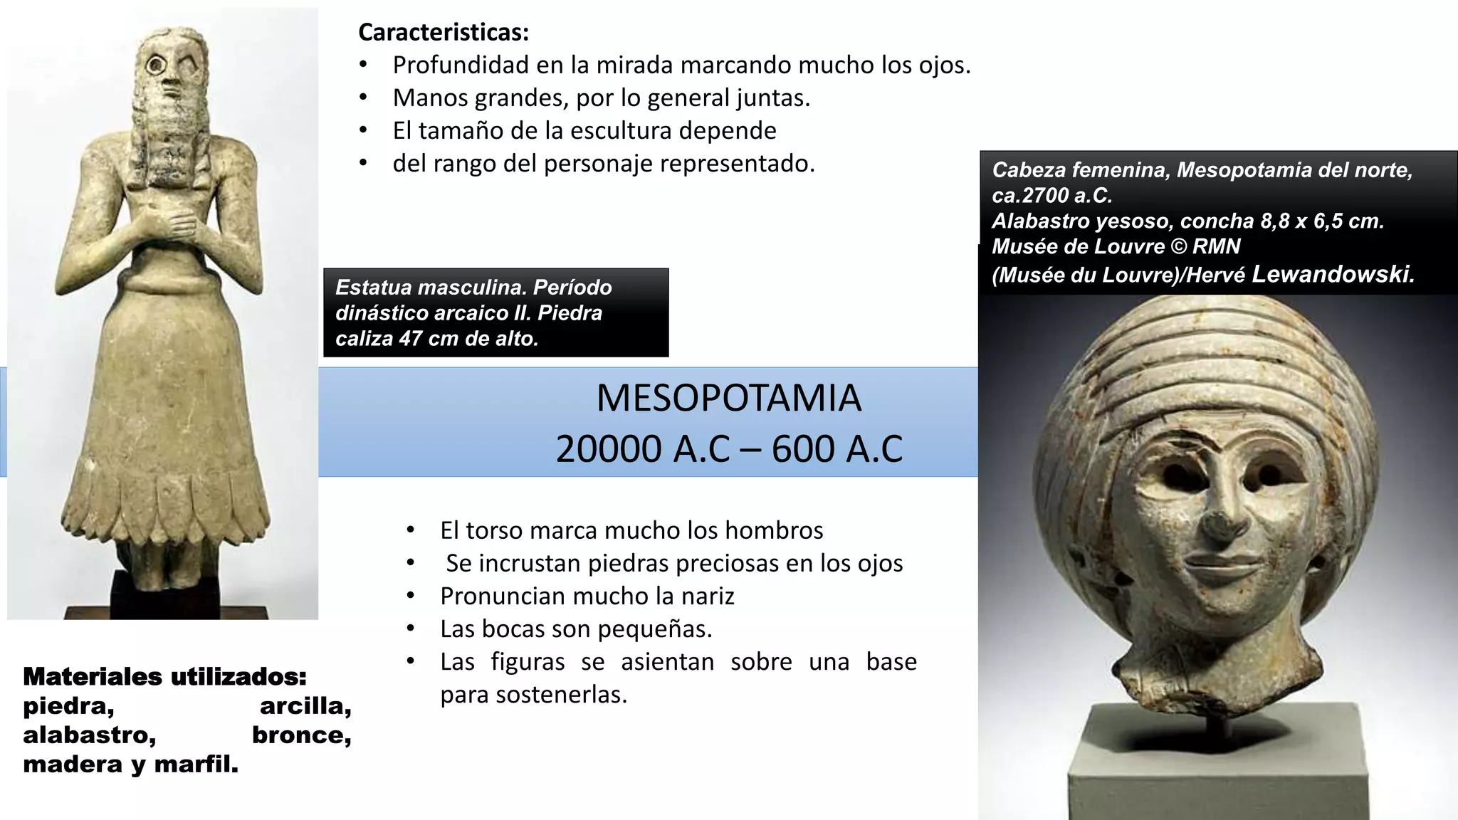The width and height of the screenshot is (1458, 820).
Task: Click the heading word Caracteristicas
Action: click(443, 32)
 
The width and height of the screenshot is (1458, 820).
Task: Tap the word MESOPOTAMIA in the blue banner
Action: click(728, 398)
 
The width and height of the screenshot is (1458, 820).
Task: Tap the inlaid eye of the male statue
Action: click(155, 65)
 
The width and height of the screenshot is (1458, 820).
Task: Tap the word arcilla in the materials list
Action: click(305, 706)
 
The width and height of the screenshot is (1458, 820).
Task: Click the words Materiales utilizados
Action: click(164, 676)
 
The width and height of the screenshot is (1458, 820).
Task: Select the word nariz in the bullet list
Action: click(706, 596)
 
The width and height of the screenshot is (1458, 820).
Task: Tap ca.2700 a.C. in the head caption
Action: click(1051, 195)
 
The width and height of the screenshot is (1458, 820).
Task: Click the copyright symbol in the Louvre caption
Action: click(1178, 246)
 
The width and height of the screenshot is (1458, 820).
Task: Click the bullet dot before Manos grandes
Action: click(363, 98)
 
